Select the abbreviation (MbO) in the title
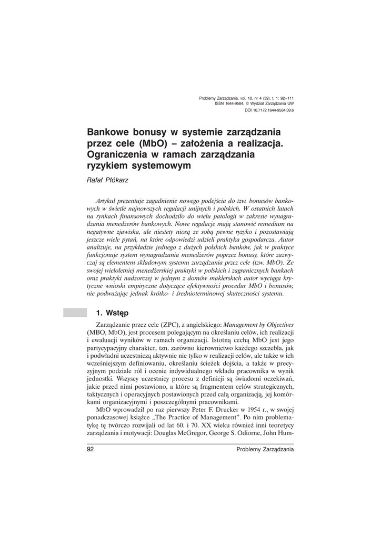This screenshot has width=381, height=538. click(x=155, y=143)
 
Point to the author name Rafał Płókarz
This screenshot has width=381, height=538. click(x=107, y=180)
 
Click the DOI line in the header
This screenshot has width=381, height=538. click(x=269, y=111)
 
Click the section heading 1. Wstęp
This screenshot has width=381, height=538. click(x=111, y=313)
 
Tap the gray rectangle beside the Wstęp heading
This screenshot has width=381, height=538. click(x=75, y=313)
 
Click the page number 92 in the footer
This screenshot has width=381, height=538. click(x=89, y=450)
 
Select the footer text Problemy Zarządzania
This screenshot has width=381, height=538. click(x=265, y=450)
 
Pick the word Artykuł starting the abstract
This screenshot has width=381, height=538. click(x=106, y=201)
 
